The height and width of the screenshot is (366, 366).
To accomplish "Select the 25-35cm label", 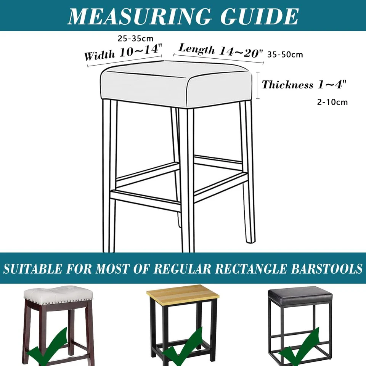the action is pyautogui.click(x=135, y=39).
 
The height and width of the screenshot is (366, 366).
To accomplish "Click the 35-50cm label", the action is pyautogui.click(x=285, y=55).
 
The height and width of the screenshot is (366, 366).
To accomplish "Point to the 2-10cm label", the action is pyautogui.click(x=332, y=102).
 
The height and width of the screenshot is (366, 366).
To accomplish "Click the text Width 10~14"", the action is pyautogui.click(x=123, y=52).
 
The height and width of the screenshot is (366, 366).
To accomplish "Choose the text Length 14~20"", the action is pyautogui.click(x=221, y=51).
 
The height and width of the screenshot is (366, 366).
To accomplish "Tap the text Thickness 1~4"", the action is pyautogui.click(x=304, y=85).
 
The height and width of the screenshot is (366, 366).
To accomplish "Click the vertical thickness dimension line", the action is pyautogui.click(x=258, y=85).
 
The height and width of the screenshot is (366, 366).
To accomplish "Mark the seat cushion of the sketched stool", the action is pyautogui.click(x=177, y=84).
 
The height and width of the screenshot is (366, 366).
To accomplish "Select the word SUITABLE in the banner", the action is pyautogui.click(x=33, y=269).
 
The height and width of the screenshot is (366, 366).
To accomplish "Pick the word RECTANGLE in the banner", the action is pyautogui.click(x=250, y=269).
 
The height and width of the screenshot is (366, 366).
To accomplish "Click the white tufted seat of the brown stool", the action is pyautogui.click(x=58, y=295).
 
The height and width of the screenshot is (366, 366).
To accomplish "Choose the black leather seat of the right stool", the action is pyautogui.click(x=300, y=295).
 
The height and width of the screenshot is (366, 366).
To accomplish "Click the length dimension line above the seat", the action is pyautogui.click(x=218, y=59).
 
